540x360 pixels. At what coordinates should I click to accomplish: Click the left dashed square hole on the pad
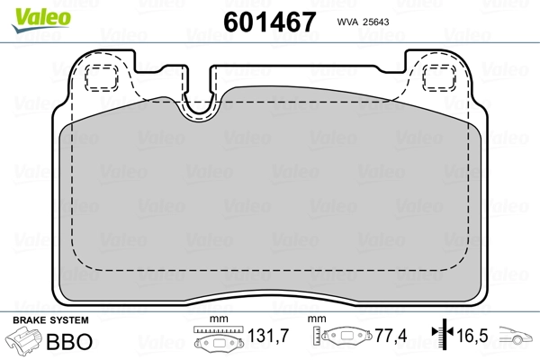101,78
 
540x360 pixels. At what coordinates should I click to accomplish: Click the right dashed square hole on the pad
439,78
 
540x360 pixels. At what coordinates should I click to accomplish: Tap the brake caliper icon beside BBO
24,342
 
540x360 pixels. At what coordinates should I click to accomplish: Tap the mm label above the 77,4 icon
318,320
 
